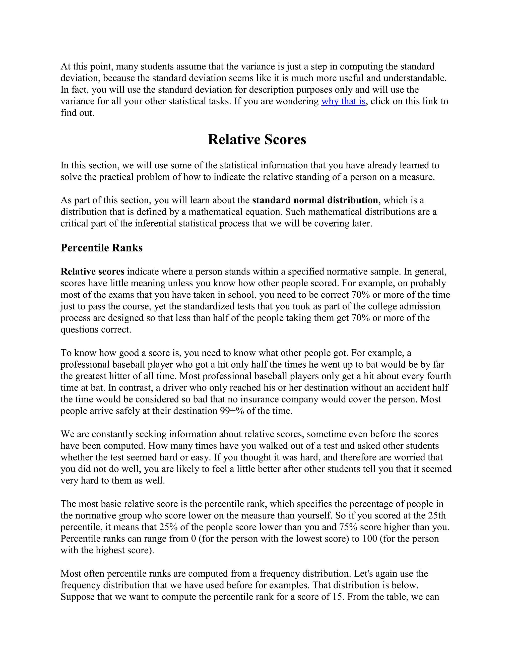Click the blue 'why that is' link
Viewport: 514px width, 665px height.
pyautogui.click(x=343, y=101)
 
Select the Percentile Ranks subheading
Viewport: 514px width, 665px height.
pyautogui.click(x=101, y=248)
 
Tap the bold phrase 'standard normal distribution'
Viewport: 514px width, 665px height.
pyautogui.click(x=315, y=200)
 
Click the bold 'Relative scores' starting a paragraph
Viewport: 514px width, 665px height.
pyautogui.click(x=92, y=272)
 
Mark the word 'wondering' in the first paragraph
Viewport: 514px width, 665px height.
pyautogui.click(x=297, y=101)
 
